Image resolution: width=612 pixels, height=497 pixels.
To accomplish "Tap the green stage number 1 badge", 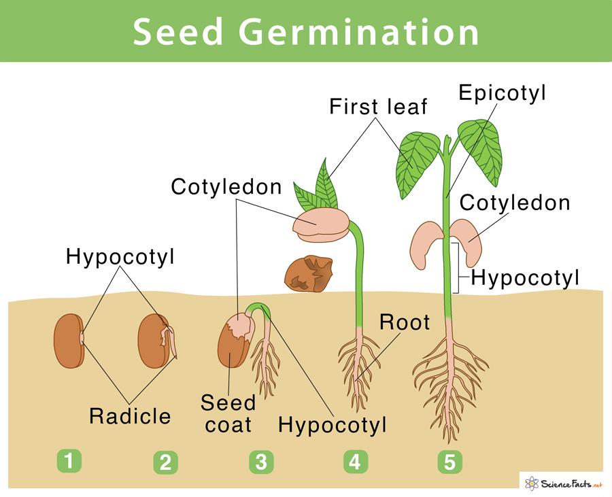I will click(69, 462).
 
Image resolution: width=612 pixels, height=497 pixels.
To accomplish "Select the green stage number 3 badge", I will click(261, 462).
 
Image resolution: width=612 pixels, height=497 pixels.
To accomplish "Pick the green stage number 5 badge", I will click(449, 462).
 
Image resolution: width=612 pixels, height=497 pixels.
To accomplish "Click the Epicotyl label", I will click(502, 94).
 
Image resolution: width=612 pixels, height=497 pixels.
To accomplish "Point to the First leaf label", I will click(378, 107).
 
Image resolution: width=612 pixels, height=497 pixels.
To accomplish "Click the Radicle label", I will click(131, 415).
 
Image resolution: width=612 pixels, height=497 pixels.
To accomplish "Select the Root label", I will click(405, 322).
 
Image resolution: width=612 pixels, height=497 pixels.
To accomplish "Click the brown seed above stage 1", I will click(67, 340).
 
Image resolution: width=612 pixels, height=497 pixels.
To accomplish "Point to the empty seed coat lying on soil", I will click(309, 273).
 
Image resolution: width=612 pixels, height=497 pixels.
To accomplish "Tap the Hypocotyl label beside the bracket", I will click(525, 277).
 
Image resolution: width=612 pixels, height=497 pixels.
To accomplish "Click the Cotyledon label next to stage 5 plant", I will click(515, 203).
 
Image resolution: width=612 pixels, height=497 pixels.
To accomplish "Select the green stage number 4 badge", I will click(354, 462).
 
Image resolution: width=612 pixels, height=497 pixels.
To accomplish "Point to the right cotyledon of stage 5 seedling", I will click(467, 239).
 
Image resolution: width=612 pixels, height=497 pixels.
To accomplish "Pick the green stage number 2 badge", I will click(165, 462).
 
